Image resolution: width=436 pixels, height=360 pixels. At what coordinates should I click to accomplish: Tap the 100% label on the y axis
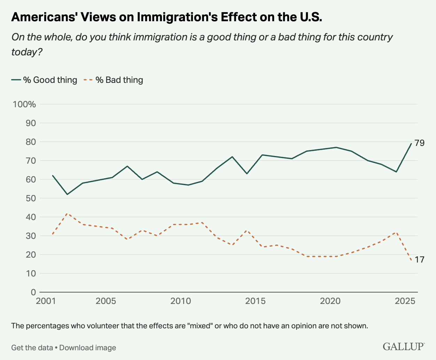pyautogui.click(x=24, y=104)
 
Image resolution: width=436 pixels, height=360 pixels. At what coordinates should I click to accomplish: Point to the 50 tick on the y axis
pyautogui.click(x=31, y=198)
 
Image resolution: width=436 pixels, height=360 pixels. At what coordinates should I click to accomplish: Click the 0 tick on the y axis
pyautogui.click(x=33, y=292)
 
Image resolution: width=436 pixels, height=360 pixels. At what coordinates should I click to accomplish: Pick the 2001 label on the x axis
pyautogui.click(x=46, y=301)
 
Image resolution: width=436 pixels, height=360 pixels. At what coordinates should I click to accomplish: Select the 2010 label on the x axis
pyautogui.click(x=181, y=301)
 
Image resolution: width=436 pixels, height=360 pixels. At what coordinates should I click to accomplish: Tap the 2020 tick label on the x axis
pyautogui.click(x=330, y=301)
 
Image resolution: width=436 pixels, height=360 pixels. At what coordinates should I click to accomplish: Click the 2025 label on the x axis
pyautogui.click(x=405, y=301)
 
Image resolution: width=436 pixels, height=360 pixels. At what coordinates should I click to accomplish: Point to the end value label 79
pyautogui.click(x=419, y=143)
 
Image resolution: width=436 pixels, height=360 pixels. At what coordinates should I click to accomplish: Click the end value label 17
pyautogui.click(x=419, y=259)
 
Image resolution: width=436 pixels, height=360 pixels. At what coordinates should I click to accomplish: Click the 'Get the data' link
pyautogui.click(x=32, y=347)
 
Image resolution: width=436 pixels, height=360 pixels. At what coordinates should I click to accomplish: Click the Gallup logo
pyautogui.click(x=404, y=346)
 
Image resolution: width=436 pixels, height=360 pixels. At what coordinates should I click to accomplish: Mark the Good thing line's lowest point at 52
pyautogui.click(x=67, y=194)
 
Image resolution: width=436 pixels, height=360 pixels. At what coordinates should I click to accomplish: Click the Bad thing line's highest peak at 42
pyautogui.click(x=67, y=213)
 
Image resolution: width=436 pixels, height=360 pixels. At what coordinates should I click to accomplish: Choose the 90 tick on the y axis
pyautogui.click(x=31, y=123)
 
